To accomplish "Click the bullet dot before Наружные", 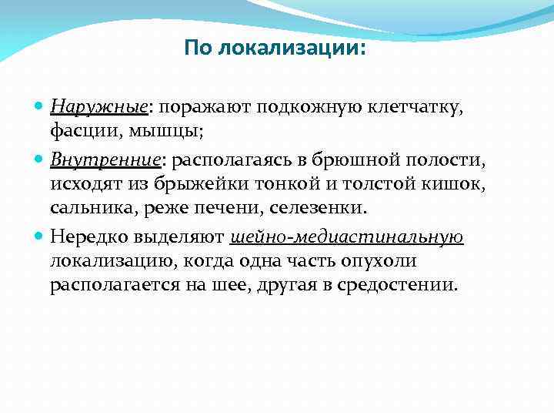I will pyautogui.click(x=40, y=106).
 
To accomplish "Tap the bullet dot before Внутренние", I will pyautogui.click(x=40, y=159).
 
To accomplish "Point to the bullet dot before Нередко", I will pyautogui.click(x=40, y=237).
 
